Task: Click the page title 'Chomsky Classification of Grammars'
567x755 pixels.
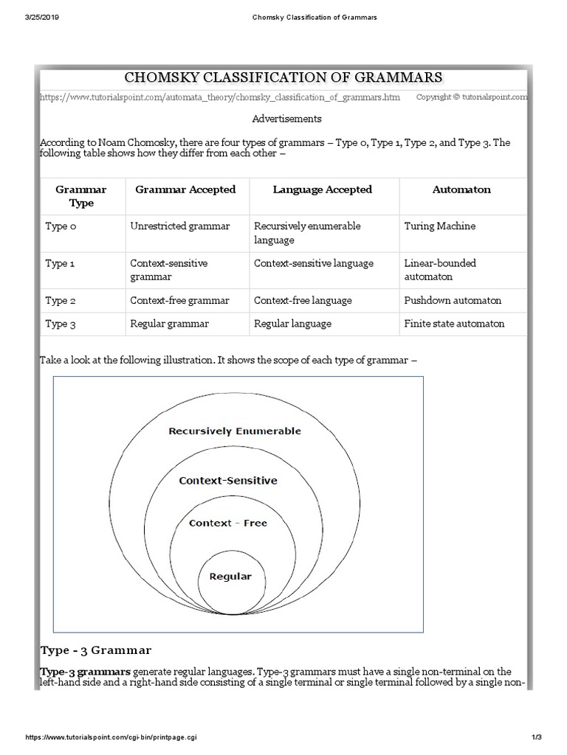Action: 283,77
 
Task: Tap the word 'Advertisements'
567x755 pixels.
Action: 286,119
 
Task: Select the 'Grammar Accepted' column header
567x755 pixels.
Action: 185,189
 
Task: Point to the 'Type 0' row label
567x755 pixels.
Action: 61,226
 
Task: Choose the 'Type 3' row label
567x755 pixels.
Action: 61,324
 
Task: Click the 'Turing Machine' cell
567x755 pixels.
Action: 440,226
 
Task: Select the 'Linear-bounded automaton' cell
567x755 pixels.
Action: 440,270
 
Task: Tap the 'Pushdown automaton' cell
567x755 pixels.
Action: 453,300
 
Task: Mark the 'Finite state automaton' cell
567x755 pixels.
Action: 454,324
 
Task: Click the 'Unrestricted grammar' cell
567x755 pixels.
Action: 179,226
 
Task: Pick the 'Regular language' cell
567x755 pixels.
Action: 292,324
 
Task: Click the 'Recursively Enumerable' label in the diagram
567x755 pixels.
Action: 235,431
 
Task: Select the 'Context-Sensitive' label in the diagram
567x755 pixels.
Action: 228,481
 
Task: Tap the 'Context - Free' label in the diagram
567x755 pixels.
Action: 228,523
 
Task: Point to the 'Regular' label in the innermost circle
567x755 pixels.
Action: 230,577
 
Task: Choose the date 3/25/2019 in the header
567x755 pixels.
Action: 41,17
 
